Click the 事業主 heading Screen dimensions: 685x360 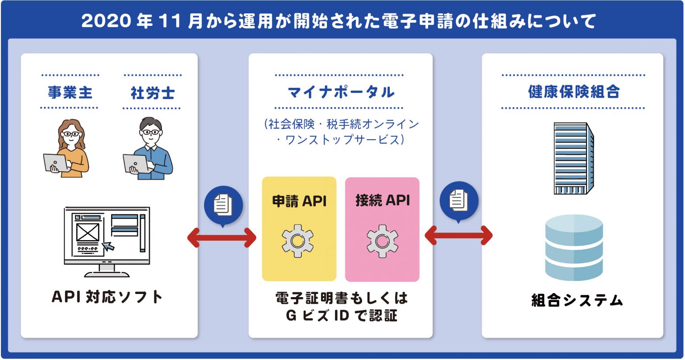(70, 92)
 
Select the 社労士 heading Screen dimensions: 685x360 (153, 93)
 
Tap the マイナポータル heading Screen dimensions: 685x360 (341, 92)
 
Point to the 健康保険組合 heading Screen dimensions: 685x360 (574, 91)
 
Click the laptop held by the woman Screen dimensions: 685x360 (55, 163)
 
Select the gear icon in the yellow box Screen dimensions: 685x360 (297, 241)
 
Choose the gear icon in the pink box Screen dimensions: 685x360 (382, 241)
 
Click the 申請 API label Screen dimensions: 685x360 (299, 201)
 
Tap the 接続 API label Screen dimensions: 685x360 (383, 201)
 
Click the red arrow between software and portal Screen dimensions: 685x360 (222, 238)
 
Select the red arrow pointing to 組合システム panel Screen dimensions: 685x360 (459, 235)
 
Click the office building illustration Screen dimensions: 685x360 (574, 158)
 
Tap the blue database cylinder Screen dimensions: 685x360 (574, 248)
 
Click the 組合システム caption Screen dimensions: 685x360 (577, 300)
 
